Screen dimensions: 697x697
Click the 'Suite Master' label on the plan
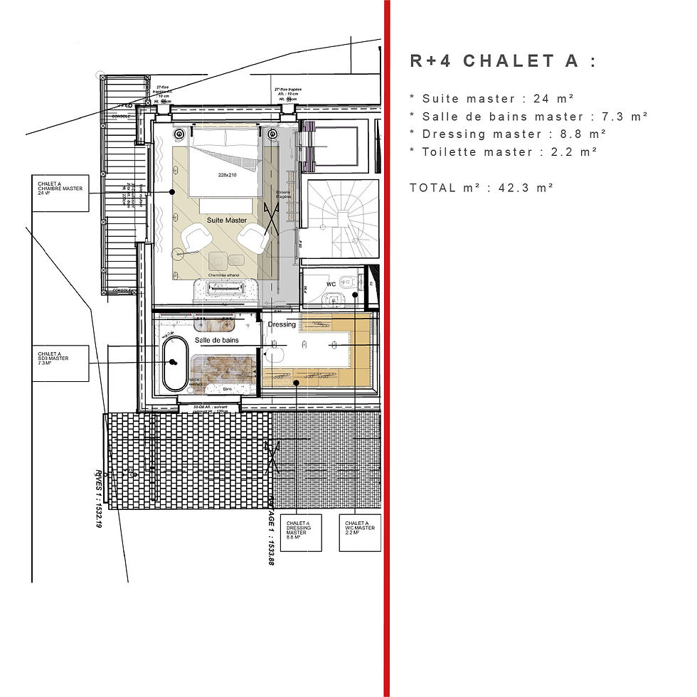(227, 220)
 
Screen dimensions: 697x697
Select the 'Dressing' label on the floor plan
(282, 324)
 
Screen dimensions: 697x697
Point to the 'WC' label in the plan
(331, 284)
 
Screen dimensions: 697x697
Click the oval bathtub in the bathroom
(174, 363)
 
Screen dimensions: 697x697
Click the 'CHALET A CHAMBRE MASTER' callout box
(60, 192)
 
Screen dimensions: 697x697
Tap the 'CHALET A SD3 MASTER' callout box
(60, 363)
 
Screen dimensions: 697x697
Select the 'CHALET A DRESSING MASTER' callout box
(301, 532)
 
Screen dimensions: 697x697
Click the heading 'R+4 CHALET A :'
(503, 61)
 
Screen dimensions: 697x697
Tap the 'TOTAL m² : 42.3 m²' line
(481, 188)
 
